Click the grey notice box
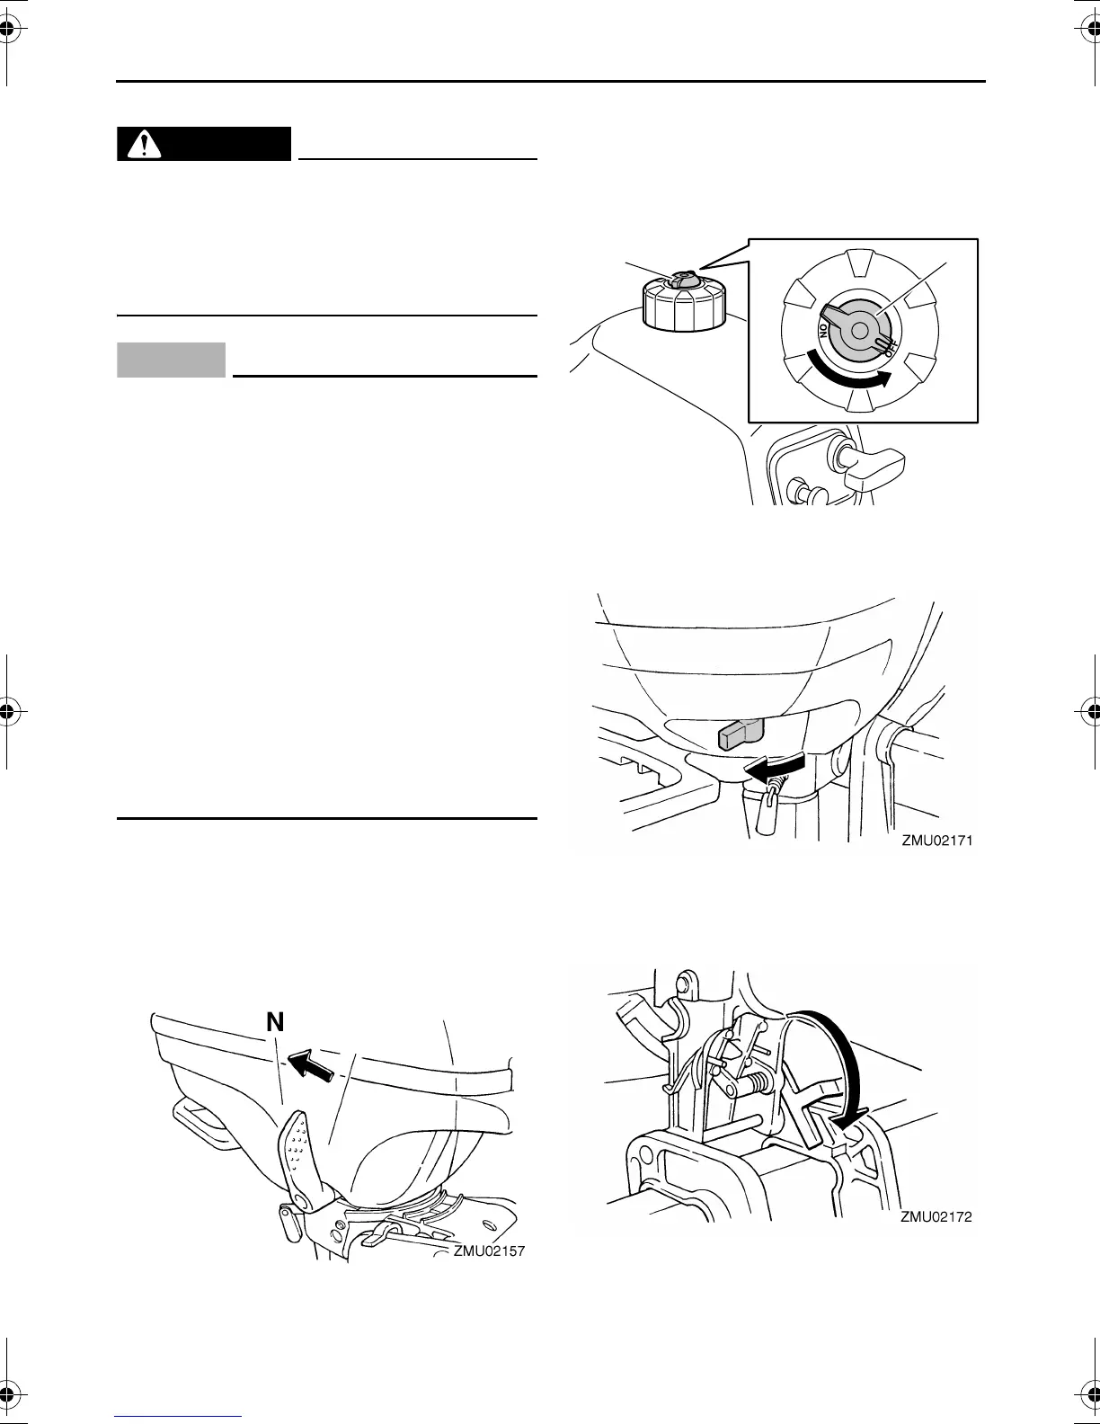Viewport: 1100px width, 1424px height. click(x=171, y=360)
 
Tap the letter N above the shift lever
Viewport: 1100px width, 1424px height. click(x=275, y=1021)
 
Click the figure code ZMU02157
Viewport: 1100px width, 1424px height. click(x=488, y=1250)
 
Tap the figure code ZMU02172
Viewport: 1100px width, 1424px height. click(x=936, y=1217)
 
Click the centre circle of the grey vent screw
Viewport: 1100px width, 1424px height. click(x=858, y=332)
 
